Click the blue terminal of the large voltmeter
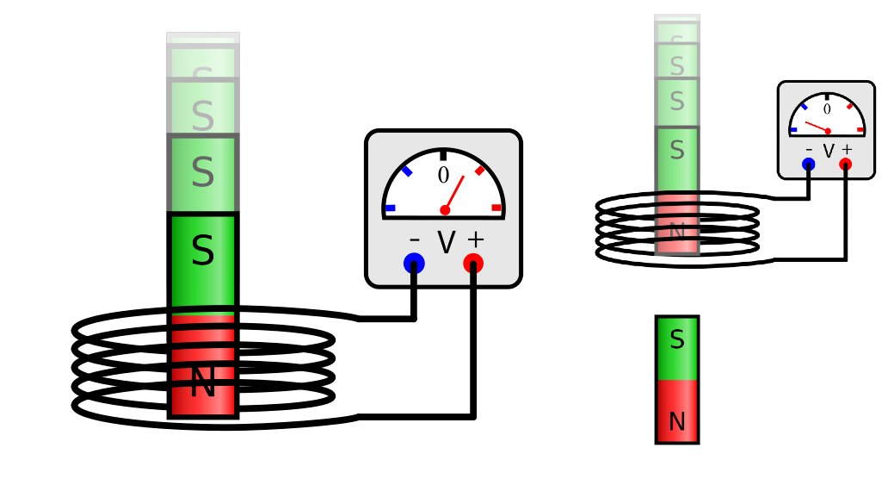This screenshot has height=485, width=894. click(x=414, y=263)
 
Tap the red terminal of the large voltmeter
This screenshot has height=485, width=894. click(x=473, y=263)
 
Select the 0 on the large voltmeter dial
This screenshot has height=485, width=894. click(x=443, y=176)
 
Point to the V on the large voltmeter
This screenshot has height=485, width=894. click(x=446, y=243)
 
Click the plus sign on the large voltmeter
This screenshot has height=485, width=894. click(x=475, y=239)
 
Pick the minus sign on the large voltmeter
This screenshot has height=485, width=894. click(x=415, y=240)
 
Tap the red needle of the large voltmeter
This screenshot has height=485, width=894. click(x=455, y=192)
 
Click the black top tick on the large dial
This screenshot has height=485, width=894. click(x=443, y=155)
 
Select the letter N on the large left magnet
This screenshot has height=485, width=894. click(x=202, y=382)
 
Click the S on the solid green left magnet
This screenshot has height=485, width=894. click(x=202, y=252)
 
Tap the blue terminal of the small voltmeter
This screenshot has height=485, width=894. click(x=809, y=164)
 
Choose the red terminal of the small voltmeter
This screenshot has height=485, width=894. click(x=846, y=164)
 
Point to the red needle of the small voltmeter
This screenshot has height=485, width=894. click(x=816, y=127)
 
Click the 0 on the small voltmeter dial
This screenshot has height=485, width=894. click(x=827, y=109)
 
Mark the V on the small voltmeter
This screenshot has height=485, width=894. click(x=829, y=151)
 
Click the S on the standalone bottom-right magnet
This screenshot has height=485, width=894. click(x=677, y=340)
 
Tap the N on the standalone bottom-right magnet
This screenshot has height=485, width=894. click(x=677, y=422)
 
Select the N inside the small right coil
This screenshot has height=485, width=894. click(x=677, y=231)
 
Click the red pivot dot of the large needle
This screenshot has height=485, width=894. click(x=445, y=210)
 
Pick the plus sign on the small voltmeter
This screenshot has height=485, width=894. click(x=847, y=150)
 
